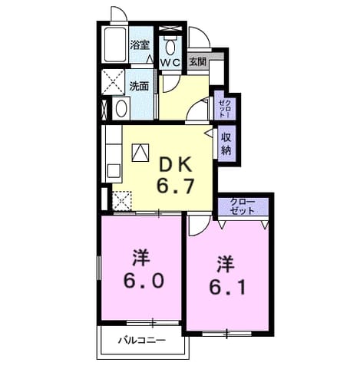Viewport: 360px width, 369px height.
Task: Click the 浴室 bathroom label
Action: click(140, 45)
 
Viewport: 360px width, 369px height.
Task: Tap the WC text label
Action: click(171, 62)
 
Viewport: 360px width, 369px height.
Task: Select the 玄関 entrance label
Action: click(197, 61)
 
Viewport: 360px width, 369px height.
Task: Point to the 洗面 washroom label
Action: click(139, 86)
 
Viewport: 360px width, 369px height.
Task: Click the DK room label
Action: click(175, 165)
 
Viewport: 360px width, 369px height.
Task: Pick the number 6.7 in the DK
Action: click(176, 186)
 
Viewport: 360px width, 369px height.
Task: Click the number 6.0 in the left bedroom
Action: click(144, 280)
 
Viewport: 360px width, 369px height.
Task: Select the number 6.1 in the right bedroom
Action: click(228, 287)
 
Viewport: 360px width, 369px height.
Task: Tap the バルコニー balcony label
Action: click(142, 340)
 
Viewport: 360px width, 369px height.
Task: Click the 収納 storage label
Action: click(226, 144)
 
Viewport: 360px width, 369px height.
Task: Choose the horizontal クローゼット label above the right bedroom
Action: click(243, 206)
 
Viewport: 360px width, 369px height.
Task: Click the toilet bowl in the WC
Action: click(170, 47)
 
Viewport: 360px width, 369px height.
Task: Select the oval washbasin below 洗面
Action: click(121, 108)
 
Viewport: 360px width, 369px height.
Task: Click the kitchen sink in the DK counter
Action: click(114, 172)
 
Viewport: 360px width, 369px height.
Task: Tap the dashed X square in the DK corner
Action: click(122, 201)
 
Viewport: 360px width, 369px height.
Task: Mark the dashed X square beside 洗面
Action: click(114, 82)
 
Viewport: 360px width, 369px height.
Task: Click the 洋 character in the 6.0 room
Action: click(140, 259)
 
